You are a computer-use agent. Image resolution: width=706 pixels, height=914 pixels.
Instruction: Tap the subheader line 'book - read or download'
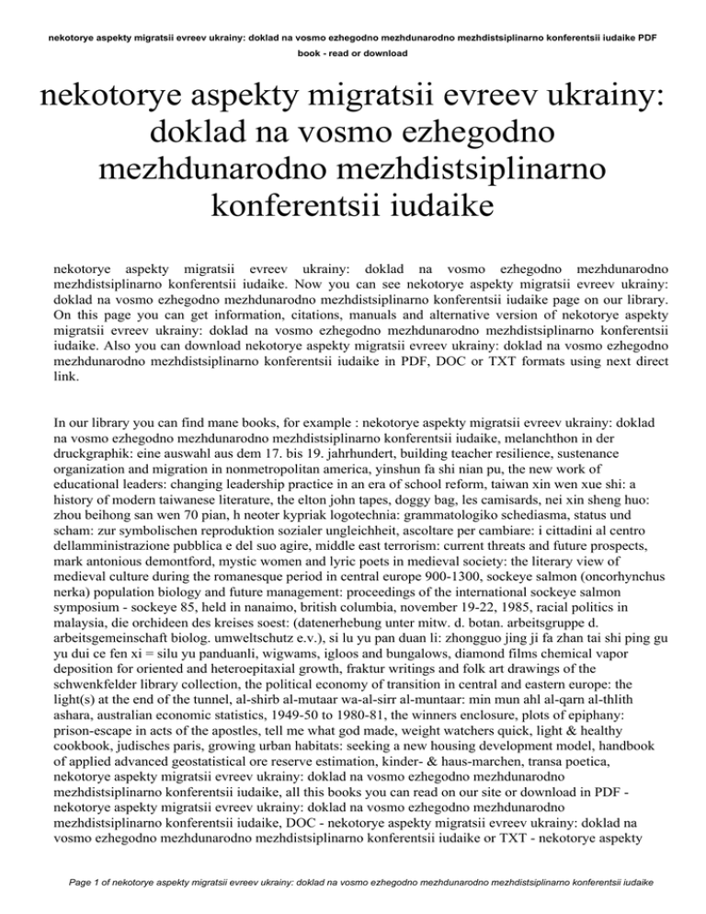353,53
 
